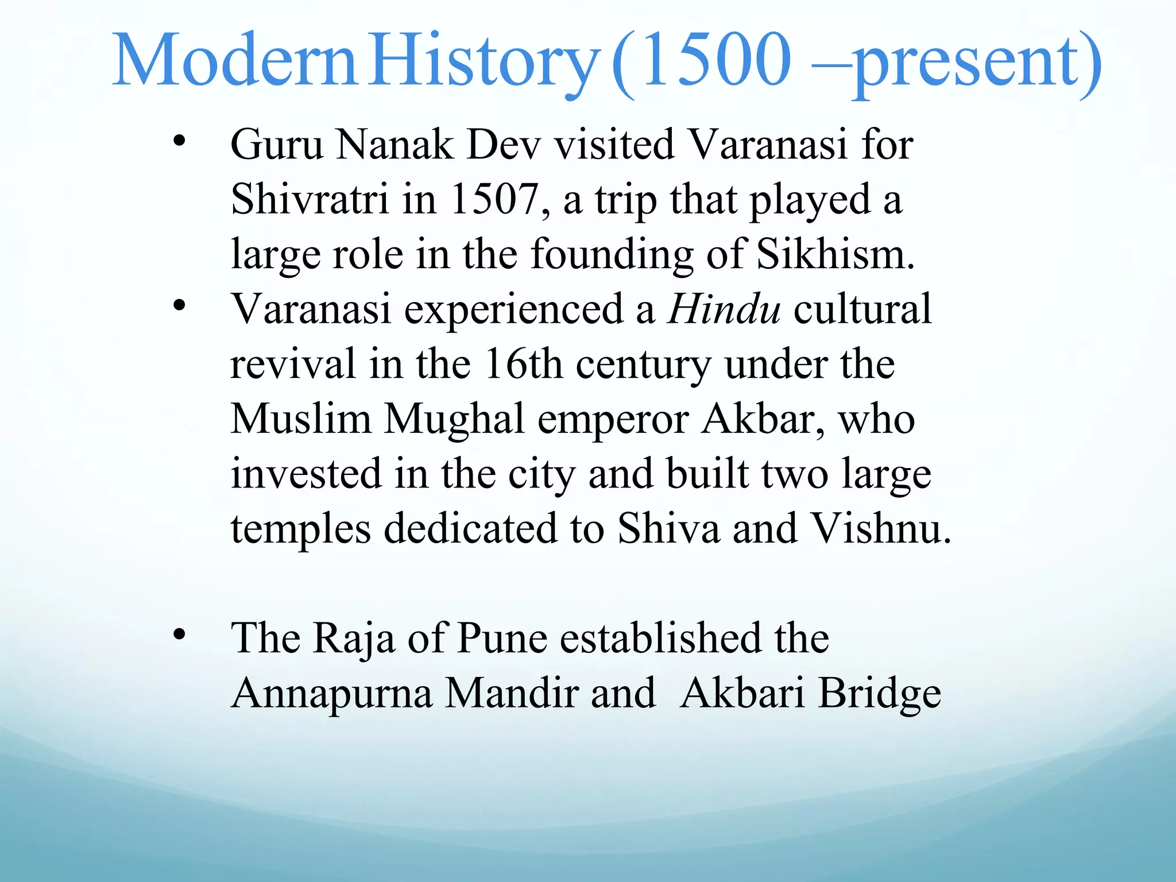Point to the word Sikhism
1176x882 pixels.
click(x=835, y=254)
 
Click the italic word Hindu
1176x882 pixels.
click(x=724, y=309)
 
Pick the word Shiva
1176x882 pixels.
click(x=668, y=528)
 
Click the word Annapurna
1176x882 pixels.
click(x=331, y=694)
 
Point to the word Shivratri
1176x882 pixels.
click(x=310, y=199)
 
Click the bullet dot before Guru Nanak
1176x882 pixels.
click(x=180, y=140)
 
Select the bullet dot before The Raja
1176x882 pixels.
click(x=180, y=634)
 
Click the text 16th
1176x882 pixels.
click(x=523, y=364)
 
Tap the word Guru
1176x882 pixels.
click(x=277, y=144)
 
